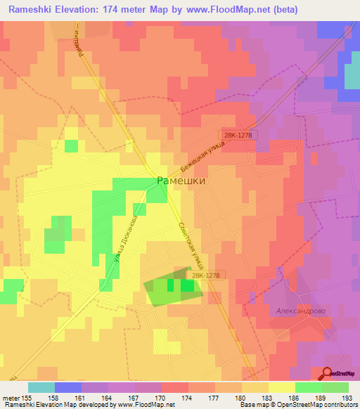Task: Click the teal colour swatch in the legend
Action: pos(41,387)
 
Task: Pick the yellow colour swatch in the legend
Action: pos(281,387)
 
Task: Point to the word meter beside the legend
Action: pos(12,396)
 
